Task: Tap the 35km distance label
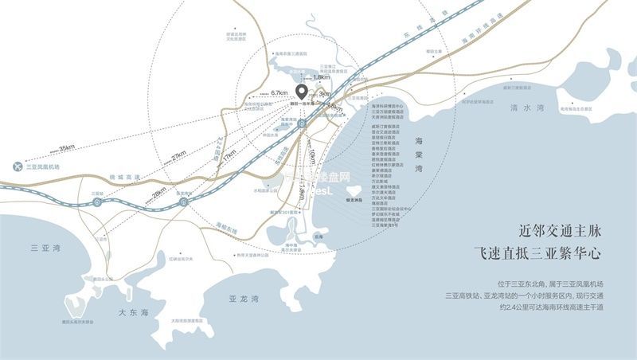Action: (x=66, y=147)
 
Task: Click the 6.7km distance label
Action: (x=279, y=93)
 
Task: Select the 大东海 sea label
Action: (x=133, y=313)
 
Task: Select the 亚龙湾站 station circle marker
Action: (x=185, y=203)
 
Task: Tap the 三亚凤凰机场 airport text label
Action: (x=45, y=167)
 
